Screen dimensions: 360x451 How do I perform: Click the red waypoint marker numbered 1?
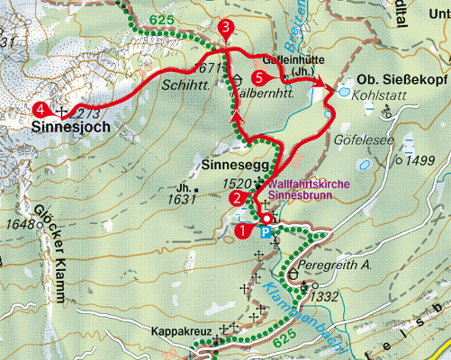point(240,230)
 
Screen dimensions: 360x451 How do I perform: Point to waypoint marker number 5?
point(260,78)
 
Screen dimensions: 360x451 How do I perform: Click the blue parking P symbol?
point(266,231)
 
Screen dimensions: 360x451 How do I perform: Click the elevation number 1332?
point(324,295)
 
